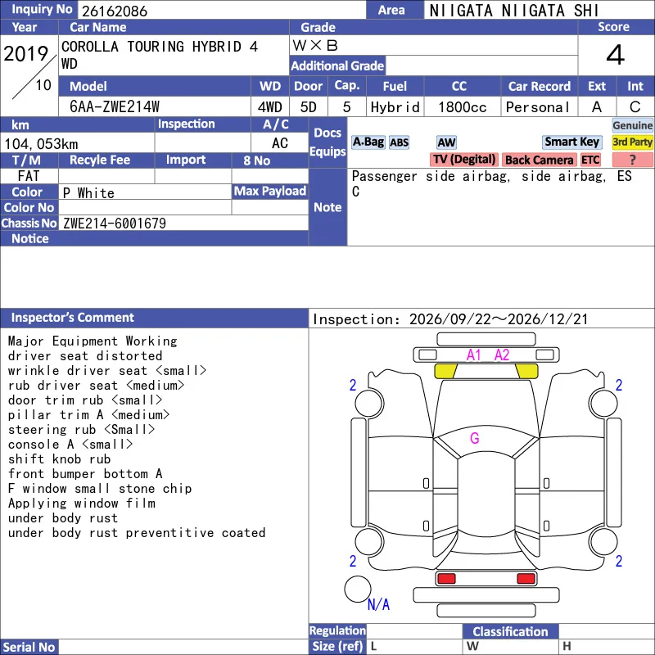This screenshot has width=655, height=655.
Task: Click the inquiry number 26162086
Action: point(115,11)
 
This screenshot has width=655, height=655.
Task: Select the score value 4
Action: point(616,55)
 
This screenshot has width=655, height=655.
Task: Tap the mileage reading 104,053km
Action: point(41,144)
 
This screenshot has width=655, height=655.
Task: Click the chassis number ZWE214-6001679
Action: point(115,224)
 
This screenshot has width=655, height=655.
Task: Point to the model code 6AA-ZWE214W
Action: point(115,107)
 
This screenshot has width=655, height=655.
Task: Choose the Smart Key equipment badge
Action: point(572,142)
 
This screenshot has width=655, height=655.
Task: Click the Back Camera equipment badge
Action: point(539,160)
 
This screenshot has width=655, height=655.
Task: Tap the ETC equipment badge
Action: point(590,160)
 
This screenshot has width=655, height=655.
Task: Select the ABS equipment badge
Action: point(399,142)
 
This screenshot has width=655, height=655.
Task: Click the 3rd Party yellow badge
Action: point(632,142)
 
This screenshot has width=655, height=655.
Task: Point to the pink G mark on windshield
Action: point(475,438)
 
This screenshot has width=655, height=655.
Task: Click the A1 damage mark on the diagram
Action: point(474,355)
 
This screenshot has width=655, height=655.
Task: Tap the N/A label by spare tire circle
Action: point(378,604)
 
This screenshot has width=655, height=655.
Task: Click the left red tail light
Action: point(446,579)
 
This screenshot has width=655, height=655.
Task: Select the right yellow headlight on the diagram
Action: point(527,371)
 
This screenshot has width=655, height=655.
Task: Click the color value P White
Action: point(88,193)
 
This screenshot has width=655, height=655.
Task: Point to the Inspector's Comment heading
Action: point(72,318)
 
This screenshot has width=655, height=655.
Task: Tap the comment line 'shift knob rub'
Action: point(59,459)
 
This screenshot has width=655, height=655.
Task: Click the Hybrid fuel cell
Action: point(395,107)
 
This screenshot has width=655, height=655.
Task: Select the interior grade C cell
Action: point(635,107)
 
